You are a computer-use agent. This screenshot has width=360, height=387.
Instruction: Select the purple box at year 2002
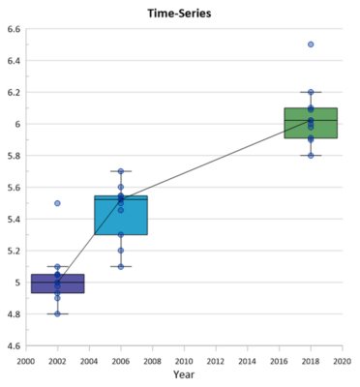(x=57, y=283)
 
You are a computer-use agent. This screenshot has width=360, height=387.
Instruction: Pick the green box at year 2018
(x=311, y=123)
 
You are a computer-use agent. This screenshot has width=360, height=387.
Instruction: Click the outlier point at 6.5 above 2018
(x=311, y=45)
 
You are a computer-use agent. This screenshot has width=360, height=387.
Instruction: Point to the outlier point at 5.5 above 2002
(x=57, y=203)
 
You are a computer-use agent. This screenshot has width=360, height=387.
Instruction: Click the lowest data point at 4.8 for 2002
(x=57, y=313)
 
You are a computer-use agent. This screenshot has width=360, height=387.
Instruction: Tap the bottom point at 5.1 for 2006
(x=121, y=266)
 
